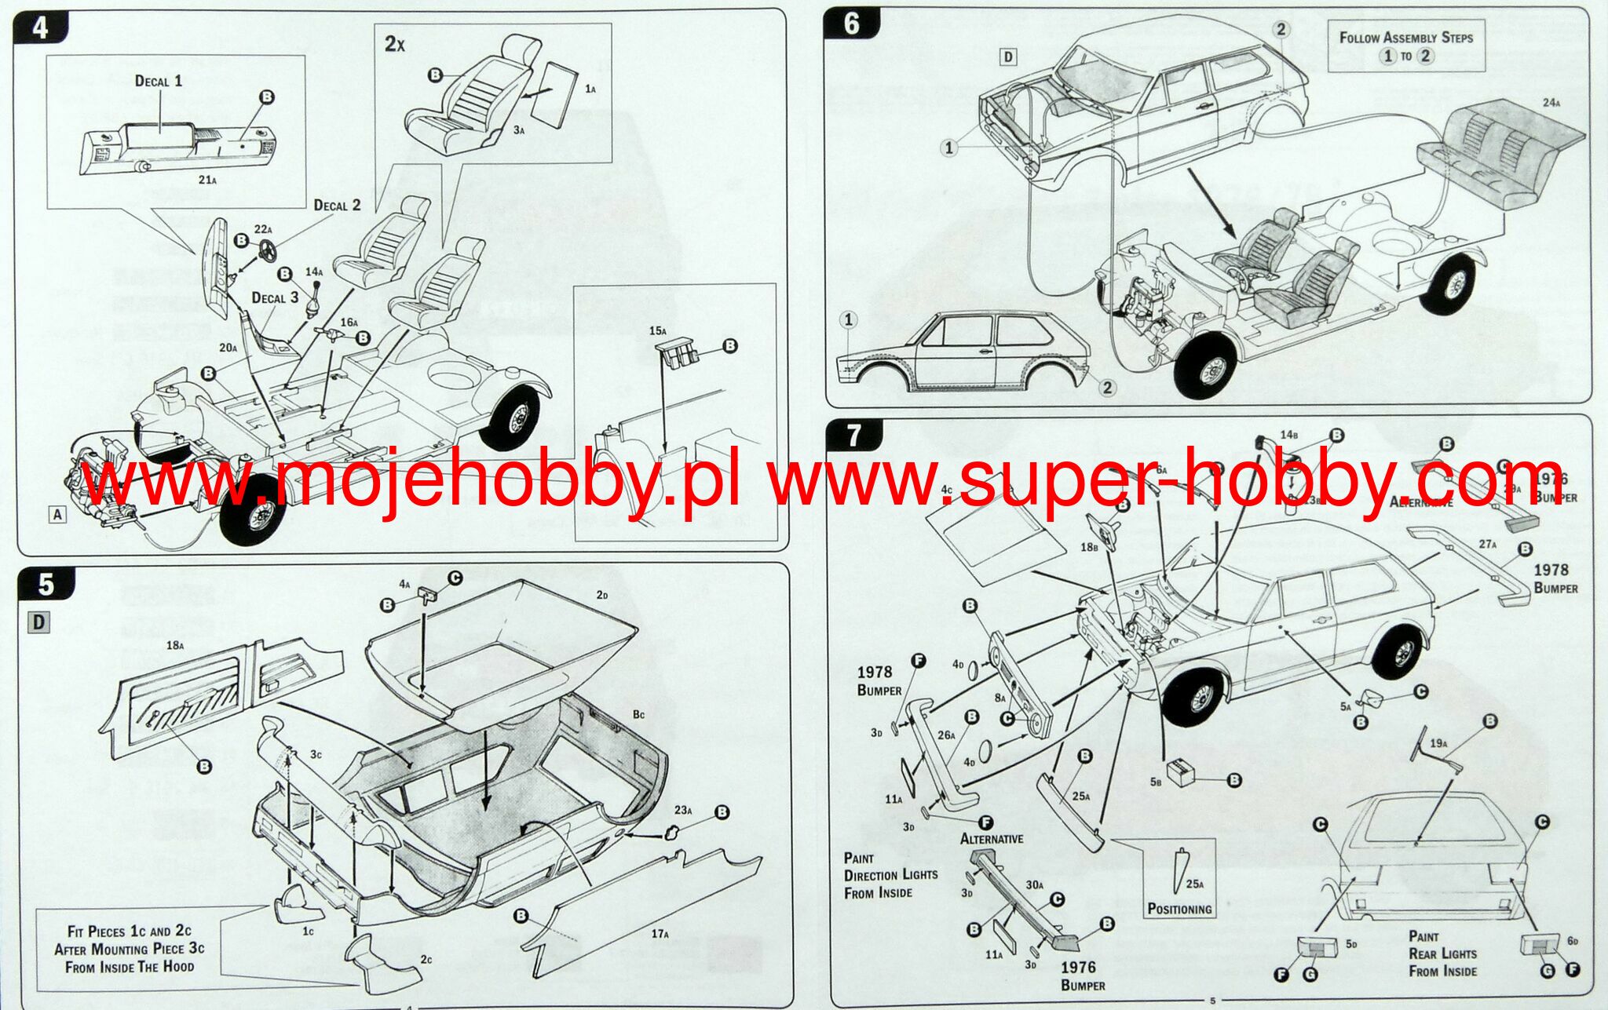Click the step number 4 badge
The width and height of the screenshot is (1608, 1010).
pyautogui.click(x=41, y=27)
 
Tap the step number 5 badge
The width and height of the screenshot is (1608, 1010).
pyautogui.click(x=46, y=584)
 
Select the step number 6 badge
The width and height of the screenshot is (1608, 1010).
pyautogui.click(x=852, y=24)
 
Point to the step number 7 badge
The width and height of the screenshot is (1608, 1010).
pyautogui.click(x=854, y=435)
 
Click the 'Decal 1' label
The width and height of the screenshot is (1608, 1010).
pyautogui.click(x=159, y=81)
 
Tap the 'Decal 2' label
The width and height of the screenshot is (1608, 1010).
pyautogui.click(x=337, y=205)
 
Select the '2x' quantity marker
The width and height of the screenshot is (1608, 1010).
pyautogui.click(x=394, y=43)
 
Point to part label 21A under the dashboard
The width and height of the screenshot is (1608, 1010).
pyautogui.click(x=206, y=180)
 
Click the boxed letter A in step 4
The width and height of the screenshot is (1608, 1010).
pyautogui.click(x=57, y=515)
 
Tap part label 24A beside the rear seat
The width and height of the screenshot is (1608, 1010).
pyautogui.click(x=1551, y=103)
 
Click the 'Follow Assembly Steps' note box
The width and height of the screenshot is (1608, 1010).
pyautogui.click(x=1405, y=46)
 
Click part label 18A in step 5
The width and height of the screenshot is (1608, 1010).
pyautogui.click(x=175, y=645)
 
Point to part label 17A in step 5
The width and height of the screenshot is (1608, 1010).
pyautogui.click(x=660, y=933)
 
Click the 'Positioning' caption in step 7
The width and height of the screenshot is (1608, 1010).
pyautogui.click(x=1179, y=909)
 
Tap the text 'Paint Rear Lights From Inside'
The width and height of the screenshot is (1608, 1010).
pyautogui.click(x=1442, y=953)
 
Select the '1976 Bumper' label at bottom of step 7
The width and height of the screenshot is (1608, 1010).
pyautogui.click(x=1083, y=975)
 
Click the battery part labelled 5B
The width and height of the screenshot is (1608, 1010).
pyautogui.click(x=1180, y=772)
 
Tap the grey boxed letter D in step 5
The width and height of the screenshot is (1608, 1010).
pyautogui.click(x=38, y=622)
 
